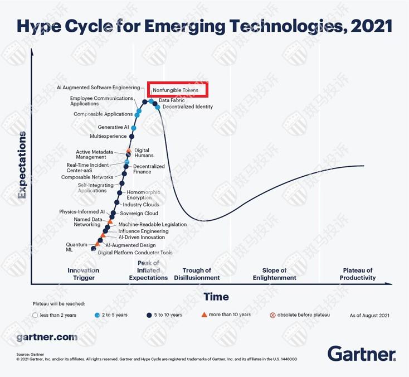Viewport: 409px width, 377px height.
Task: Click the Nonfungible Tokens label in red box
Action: pos(176,90)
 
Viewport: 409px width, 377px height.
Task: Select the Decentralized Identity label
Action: pos(187,107)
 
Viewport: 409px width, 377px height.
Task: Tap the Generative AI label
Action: pos(113,127)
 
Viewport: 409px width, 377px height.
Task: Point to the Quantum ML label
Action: pos(77,247)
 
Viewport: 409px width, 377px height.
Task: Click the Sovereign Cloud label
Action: pos(139,213)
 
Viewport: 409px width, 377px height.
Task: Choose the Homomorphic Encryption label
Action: pos(144,195)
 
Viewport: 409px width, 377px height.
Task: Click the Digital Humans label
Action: pos(144,153)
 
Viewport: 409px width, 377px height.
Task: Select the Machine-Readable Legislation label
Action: pos(152,224)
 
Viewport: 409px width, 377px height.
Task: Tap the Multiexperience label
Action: pos(109,136)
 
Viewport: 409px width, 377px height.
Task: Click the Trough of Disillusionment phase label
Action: pos(197,274)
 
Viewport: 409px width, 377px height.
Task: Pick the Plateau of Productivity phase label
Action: pos(358,274)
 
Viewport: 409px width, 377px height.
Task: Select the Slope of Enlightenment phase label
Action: pos(274,274)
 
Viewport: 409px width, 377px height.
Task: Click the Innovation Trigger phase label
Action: pos(84,274)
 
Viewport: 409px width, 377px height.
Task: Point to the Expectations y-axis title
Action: pos(22,165)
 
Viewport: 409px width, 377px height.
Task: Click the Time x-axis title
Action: pos(216,296)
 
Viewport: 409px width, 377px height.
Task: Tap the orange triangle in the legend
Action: pos(204,315)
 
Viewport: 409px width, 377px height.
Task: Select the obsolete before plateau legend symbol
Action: pos(272,315)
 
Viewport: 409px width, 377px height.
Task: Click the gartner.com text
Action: pos(47,337)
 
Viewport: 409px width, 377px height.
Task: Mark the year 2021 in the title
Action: pos(371,26)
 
